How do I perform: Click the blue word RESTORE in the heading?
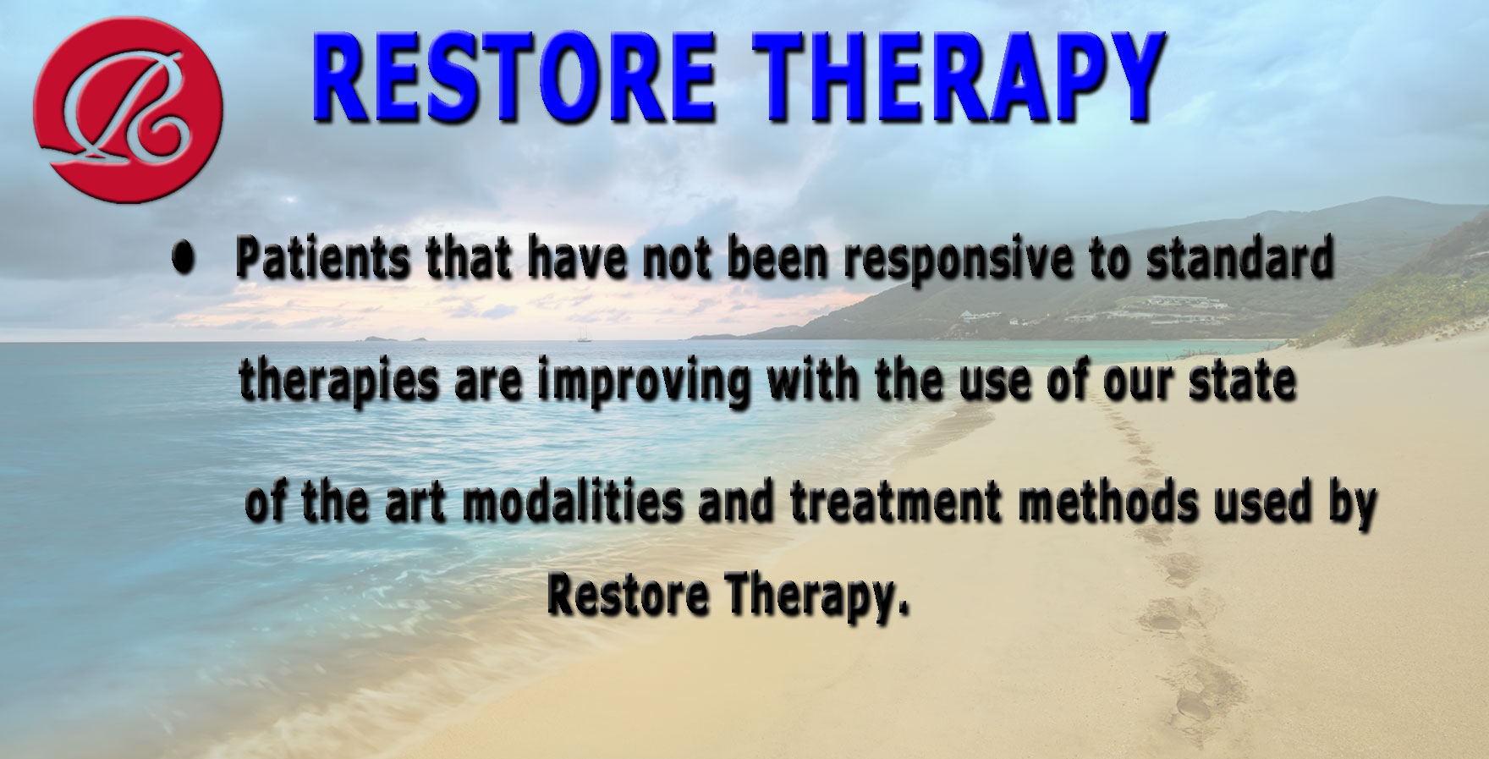click(x=517, y=78)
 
